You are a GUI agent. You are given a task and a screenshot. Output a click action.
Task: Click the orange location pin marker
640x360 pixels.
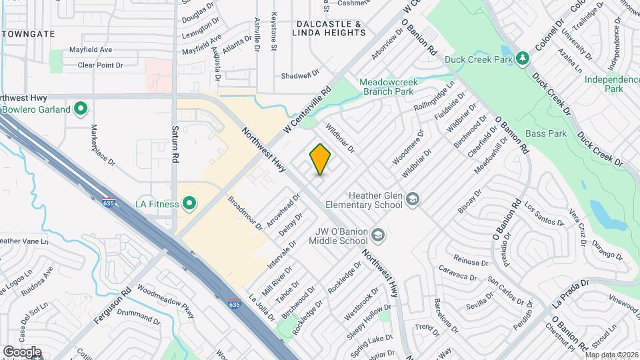pos(320,159)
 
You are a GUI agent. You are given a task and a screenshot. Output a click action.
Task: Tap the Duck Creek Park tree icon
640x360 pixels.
pos(523,59)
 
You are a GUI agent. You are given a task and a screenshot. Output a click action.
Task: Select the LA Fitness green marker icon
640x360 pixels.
pos(189,202)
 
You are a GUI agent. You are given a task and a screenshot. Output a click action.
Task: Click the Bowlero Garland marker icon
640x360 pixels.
pos(81,108)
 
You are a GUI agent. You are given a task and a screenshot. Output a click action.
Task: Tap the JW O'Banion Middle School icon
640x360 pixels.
pos(378,234)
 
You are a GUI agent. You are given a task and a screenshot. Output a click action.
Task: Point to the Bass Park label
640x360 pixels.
pos(545,134)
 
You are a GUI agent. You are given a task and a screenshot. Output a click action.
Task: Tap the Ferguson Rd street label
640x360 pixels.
pos(112,306)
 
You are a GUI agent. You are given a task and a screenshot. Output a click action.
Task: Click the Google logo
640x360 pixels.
pos(21,352)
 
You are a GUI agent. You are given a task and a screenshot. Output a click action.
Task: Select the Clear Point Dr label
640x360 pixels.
pos(101,65)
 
